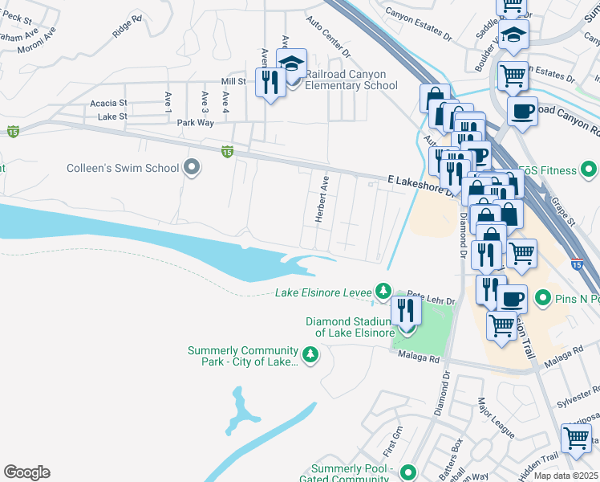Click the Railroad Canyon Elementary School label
(351, 80)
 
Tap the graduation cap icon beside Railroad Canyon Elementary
(292, 64)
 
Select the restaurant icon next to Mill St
(270, 82)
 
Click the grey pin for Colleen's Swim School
(191, 168)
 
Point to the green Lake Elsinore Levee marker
(384, 290)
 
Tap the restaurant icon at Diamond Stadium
(407, 310)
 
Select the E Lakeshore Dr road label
(414, 184)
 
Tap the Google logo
(26, 472)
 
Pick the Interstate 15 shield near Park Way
(228, 150)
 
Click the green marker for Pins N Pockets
(543, 299)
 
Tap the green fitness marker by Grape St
(590, 170)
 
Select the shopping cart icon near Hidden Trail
(576, 439)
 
